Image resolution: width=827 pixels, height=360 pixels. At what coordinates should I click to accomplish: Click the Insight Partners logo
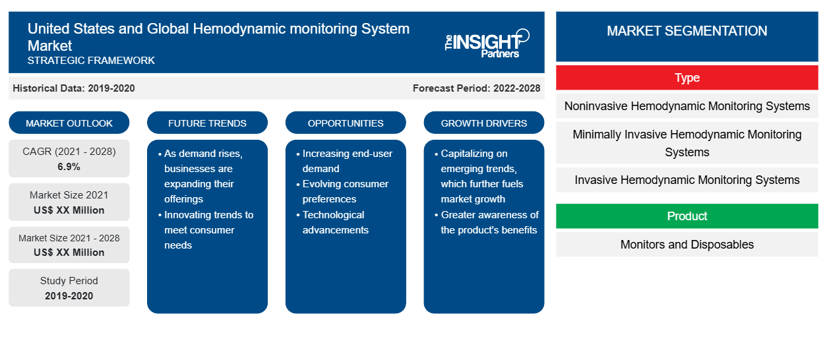(487, 44)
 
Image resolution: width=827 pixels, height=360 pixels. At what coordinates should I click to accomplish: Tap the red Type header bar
(687, 78)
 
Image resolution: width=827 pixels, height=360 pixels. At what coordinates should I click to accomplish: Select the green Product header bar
(687, 216)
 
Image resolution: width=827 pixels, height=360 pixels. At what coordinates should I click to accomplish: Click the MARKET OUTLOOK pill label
(69, 123)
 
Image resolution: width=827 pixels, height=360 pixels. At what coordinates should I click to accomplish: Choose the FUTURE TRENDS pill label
(207, 123)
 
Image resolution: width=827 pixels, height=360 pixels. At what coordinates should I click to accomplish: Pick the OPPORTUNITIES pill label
(346, 123)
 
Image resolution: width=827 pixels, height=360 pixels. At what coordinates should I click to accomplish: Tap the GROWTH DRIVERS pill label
(483, 123)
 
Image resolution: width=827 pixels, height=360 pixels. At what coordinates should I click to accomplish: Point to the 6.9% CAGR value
(69, 167)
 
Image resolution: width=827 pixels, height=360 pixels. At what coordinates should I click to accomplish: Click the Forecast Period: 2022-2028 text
(476, 88)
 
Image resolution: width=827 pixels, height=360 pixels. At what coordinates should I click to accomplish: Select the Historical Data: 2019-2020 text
(74, 88)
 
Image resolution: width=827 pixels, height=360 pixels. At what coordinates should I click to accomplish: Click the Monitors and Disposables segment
(687, 245)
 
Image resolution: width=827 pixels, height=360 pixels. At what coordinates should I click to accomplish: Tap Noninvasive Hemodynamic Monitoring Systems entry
(687, 106)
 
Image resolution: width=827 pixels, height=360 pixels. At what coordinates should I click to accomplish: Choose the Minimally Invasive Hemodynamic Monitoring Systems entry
(687, 143)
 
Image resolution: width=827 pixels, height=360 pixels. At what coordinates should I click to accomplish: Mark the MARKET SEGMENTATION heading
(687, 30)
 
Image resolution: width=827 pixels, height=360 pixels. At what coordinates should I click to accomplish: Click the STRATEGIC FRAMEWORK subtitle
(91, 60)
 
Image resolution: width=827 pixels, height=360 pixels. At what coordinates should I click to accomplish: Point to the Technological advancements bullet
(332, 222)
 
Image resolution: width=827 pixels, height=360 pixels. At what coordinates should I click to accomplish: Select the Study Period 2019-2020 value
(69, 296)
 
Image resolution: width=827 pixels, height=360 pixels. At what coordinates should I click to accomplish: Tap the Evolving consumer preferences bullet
(342, 191)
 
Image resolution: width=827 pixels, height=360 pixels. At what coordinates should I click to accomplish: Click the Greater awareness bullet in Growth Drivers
(486, 222)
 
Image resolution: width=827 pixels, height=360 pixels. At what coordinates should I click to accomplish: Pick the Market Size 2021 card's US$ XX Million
(69, 210)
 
